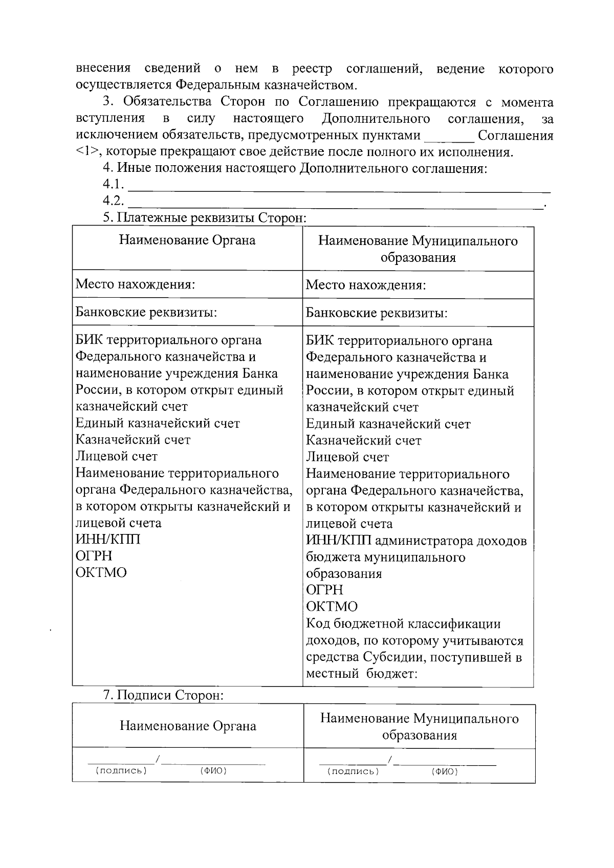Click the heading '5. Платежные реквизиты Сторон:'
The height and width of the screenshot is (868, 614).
204,218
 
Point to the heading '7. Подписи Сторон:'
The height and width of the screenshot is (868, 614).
163,695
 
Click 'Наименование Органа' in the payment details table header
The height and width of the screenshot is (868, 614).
187,240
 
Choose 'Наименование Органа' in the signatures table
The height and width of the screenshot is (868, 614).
188,726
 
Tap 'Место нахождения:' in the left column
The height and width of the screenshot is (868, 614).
135,284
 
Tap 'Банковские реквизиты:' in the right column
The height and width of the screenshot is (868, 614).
377,313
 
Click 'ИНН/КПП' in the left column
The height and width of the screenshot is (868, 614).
108,539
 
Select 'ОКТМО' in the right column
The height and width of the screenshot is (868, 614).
332,607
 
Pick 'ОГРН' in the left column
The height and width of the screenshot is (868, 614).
94,556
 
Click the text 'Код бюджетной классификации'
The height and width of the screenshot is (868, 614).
403,624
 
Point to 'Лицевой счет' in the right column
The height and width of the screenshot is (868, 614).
347,457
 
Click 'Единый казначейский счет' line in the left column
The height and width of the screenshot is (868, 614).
158,423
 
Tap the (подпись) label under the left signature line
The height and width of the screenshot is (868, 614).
121,771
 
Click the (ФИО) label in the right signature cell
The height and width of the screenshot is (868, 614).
445,771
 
